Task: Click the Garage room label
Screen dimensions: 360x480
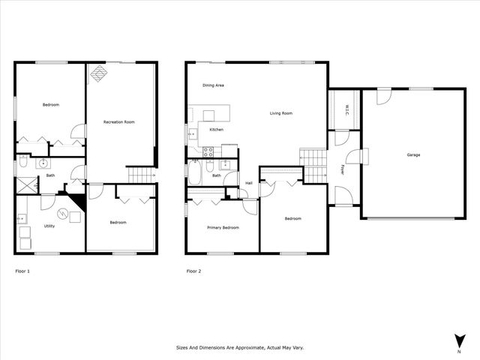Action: (413, 154)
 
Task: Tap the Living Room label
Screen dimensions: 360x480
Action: (281, 113)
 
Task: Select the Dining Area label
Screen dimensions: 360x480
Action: (214, 85)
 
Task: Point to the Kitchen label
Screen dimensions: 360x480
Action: (217, 130)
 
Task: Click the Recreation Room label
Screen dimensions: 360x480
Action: (119, 121)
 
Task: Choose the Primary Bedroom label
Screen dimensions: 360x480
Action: (223, 227)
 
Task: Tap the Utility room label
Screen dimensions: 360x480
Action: (49, 225)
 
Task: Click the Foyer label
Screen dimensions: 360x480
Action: (343, 169)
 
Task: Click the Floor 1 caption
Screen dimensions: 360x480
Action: (23, 271)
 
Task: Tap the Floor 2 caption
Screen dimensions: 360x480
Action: (193, 271)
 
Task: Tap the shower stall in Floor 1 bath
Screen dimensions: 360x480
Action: (27, 184)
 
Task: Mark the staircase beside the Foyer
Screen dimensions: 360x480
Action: (313, 159)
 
